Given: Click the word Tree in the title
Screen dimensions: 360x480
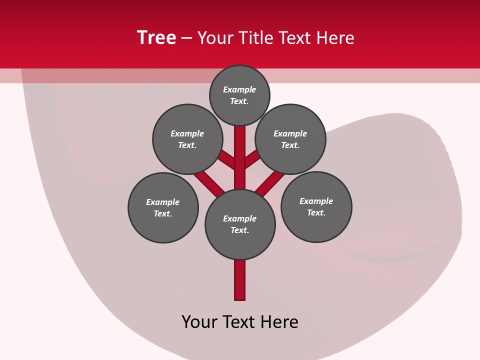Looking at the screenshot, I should pyautogui.click(x=156, y=38).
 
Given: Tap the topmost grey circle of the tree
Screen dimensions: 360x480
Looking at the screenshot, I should pyautogui.click(x=239, y=95).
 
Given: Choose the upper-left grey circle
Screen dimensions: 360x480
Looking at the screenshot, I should pyautogui.click(x=187, y=139).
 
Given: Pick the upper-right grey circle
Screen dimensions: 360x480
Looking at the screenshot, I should pyautogui.click(x=290, y=139).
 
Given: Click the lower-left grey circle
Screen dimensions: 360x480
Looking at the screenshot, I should pyautogui.click(x=163, y=207).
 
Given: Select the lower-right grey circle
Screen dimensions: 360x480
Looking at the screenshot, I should pyautogui.click(x=316, y=206).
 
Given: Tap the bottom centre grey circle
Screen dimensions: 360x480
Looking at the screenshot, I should pyautogui.click(x=240, y=224).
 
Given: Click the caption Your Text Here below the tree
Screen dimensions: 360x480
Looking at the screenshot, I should pyautogui.click(x=240, y=322).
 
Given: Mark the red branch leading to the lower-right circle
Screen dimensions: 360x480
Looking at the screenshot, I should pyautogui.click(x=270, y=183).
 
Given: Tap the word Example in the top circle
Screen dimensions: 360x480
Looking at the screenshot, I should pyautogui.click(x=239, y=90).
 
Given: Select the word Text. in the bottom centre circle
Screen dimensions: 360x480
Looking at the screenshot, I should pyautogui.click(x=239, y=230).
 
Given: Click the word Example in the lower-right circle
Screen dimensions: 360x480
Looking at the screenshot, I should pyautogui.click(x=316, y=201).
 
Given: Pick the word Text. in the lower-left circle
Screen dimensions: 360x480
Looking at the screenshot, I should pyautogui.click(x=163, y=214).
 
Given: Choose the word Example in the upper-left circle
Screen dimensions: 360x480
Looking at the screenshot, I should pyautogui.click(x=187, y=133).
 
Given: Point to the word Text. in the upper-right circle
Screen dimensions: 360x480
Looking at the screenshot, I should pyautogui.click(x=290, y=145).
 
